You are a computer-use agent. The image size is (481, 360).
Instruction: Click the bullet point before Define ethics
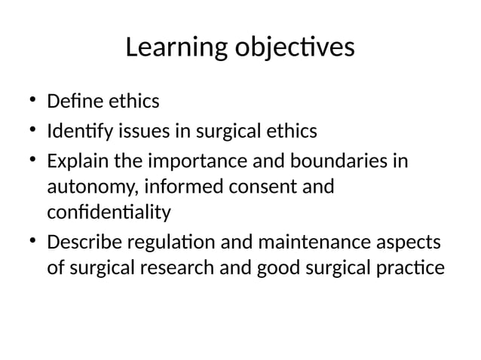point(33,100)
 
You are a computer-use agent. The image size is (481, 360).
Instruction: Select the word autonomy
point(87,185)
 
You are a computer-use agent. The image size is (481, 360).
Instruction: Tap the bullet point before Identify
point(33,131)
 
